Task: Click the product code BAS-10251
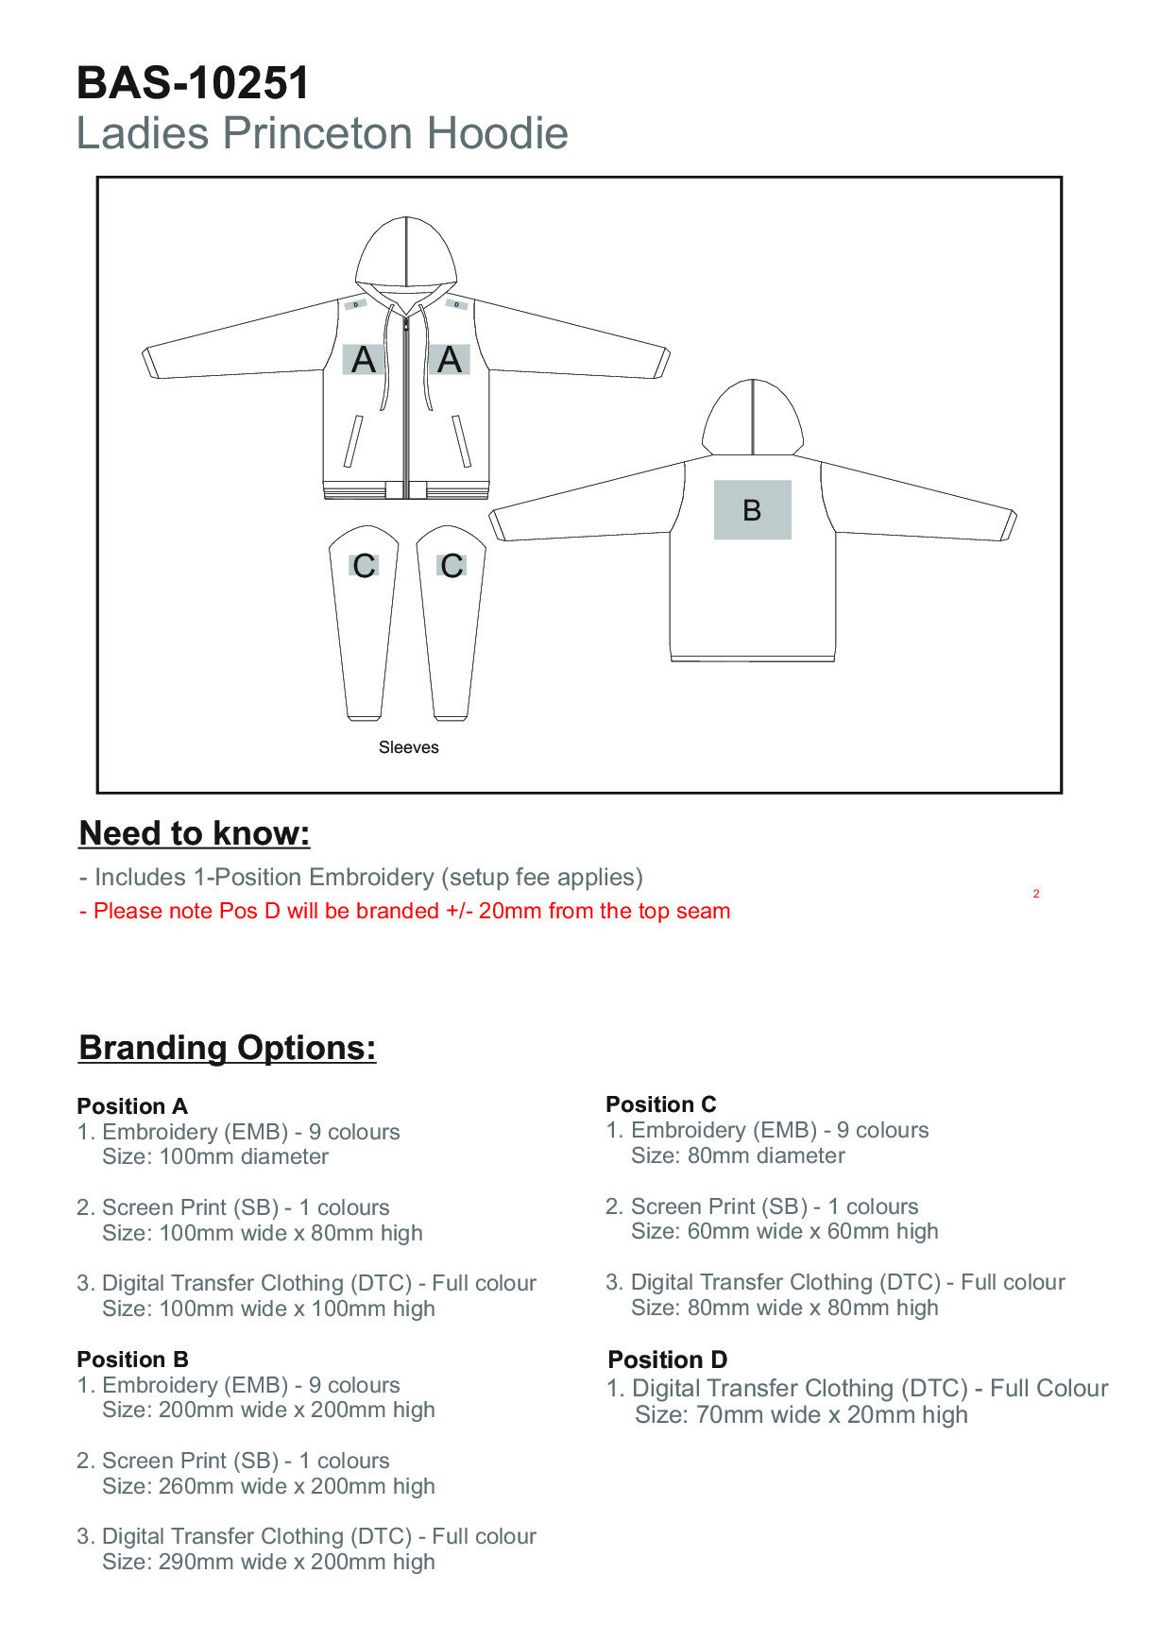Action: pyautogui.click(x=193, y=83)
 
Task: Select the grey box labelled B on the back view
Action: pyautogui.click(x=752, y=510)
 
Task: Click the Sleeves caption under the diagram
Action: pyautogui.click(x=408, y=747)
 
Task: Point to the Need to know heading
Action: pyautogui.click(x=195, y=833)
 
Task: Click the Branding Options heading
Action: pyautogui.click(x=227, y=1048)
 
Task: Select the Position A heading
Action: pyautogui.click(x=132, y=1106)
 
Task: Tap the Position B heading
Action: pyautogui.click(x=132, y=1360)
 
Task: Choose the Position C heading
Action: pyautogui.click(x=661, y=1104)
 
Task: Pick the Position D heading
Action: pyautogui.click(x=668, y=1360)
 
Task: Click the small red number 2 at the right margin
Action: pyautogui.click(x=1036, y=894)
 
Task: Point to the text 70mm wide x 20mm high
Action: pyautogui.click(x=801, y=1415)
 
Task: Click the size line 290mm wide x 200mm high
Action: pyautogui.click(x=268, y=1562)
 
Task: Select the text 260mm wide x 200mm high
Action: pyautogui.click(x=268, y=1486)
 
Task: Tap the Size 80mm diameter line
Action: pyautogui.click(x=738, y=1155)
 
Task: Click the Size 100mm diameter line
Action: pyautogui.click(x=215, y=1156)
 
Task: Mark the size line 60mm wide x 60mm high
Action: pyautogui.click(x=784, y=1231)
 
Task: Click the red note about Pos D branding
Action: pyautogui.click(x=404, y=912)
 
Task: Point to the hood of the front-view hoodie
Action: pyautogui.click(x=406, y=250)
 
